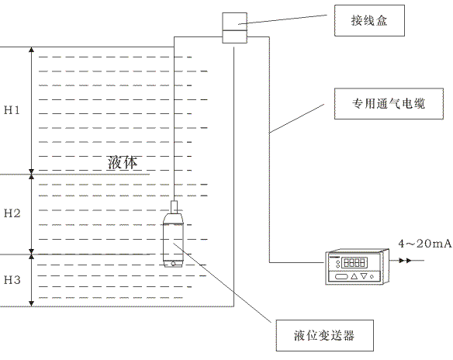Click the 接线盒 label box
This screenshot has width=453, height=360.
[x=369, y=20]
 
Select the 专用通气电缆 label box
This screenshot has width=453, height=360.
[x=389, y=104]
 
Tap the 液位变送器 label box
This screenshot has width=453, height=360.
[x=325, y=335]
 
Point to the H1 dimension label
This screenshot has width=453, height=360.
[x=12, y=110]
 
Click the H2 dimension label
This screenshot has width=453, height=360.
[x=12, y=213]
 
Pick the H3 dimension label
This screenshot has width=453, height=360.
[x=12, y=279]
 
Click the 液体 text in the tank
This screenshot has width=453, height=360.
[x=123, y=162]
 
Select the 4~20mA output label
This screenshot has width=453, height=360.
[x=425, y=244]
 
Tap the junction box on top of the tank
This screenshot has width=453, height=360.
[x=234, y=28]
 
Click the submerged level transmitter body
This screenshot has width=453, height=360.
[x=173, y=241]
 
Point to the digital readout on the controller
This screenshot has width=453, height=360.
[x=354, y=263]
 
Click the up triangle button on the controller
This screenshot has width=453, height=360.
[x=354, y=276]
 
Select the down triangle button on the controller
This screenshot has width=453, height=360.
[x=364, y=276]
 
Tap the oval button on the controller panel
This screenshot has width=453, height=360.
[x=341, y=277]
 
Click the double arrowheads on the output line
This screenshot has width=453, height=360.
[x=405, y=261]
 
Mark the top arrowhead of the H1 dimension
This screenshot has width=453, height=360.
[x=32, y=50]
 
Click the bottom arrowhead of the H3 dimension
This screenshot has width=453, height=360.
[x=32, y=303]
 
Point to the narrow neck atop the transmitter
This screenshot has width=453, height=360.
[x=174, y=207]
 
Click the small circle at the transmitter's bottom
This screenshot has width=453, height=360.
[x=173, y=264]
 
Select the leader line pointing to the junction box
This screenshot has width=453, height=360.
[x=282, y=19]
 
